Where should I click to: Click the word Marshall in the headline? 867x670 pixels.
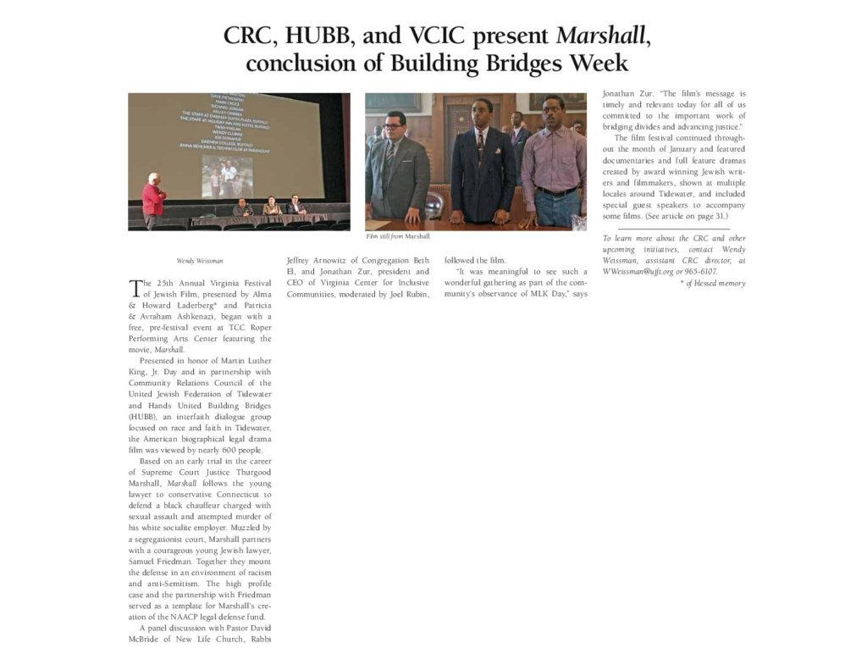pyautogui.click(x=602, y=36)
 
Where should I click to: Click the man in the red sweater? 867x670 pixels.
pyautogui.click(x=153, y=201)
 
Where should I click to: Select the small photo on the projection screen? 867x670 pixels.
pyautogui.click(x=226, y=178)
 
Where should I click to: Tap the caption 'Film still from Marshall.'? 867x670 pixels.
pyautogui.click(x=398, y=235)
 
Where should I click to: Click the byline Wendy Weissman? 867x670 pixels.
pyautogui.click(x=200, y=261)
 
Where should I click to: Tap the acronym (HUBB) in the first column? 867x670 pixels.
pyautogui.click(x=142, y=417)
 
